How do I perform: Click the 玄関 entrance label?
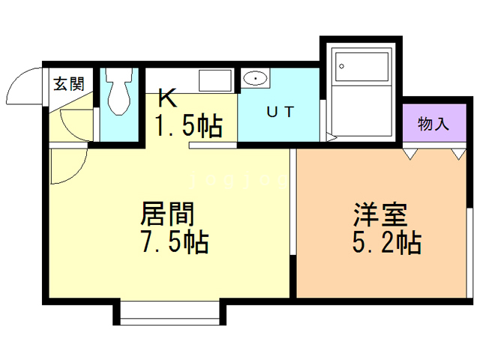(x=68, y=82)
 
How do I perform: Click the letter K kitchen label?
(x=167, y=98)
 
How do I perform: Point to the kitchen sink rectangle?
(x=216, y=80)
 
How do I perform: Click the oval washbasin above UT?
(x=256, y=78)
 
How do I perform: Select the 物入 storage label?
(x=433, y=124)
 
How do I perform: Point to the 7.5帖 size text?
(x=172, y=243)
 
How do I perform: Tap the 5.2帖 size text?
(x=385, y=243)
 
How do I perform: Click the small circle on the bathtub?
(x=342, y=66)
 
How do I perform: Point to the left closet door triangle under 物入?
(x=409, y=153)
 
